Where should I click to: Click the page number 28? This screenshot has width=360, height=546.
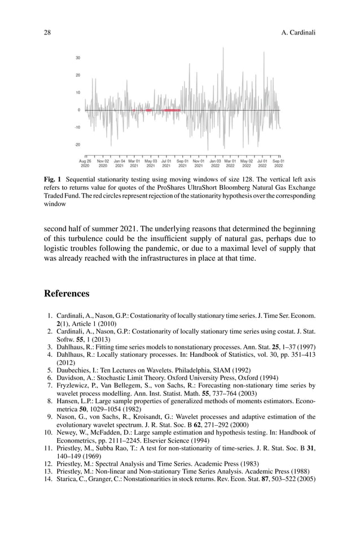point(48,33)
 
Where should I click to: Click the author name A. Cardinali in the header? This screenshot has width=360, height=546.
point(297,33)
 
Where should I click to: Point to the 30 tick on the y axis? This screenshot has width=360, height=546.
point(78,58)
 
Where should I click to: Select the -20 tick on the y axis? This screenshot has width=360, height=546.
point(77,145)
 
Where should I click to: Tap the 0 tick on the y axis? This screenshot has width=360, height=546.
point(79,110)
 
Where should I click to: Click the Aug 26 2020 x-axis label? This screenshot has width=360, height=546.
point(85,164)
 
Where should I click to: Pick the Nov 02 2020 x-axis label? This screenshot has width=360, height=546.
point(103,164)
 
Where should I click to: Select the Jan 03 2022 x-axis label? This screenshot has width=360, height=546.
point(215,164)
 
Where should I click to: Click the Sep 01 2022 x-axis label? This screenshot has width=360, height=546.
point(278,164)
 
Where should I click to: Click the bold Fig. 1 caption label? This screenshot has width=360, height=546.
point(52,180)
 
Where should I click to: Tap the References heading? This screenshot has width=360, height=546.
point(67,294)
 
